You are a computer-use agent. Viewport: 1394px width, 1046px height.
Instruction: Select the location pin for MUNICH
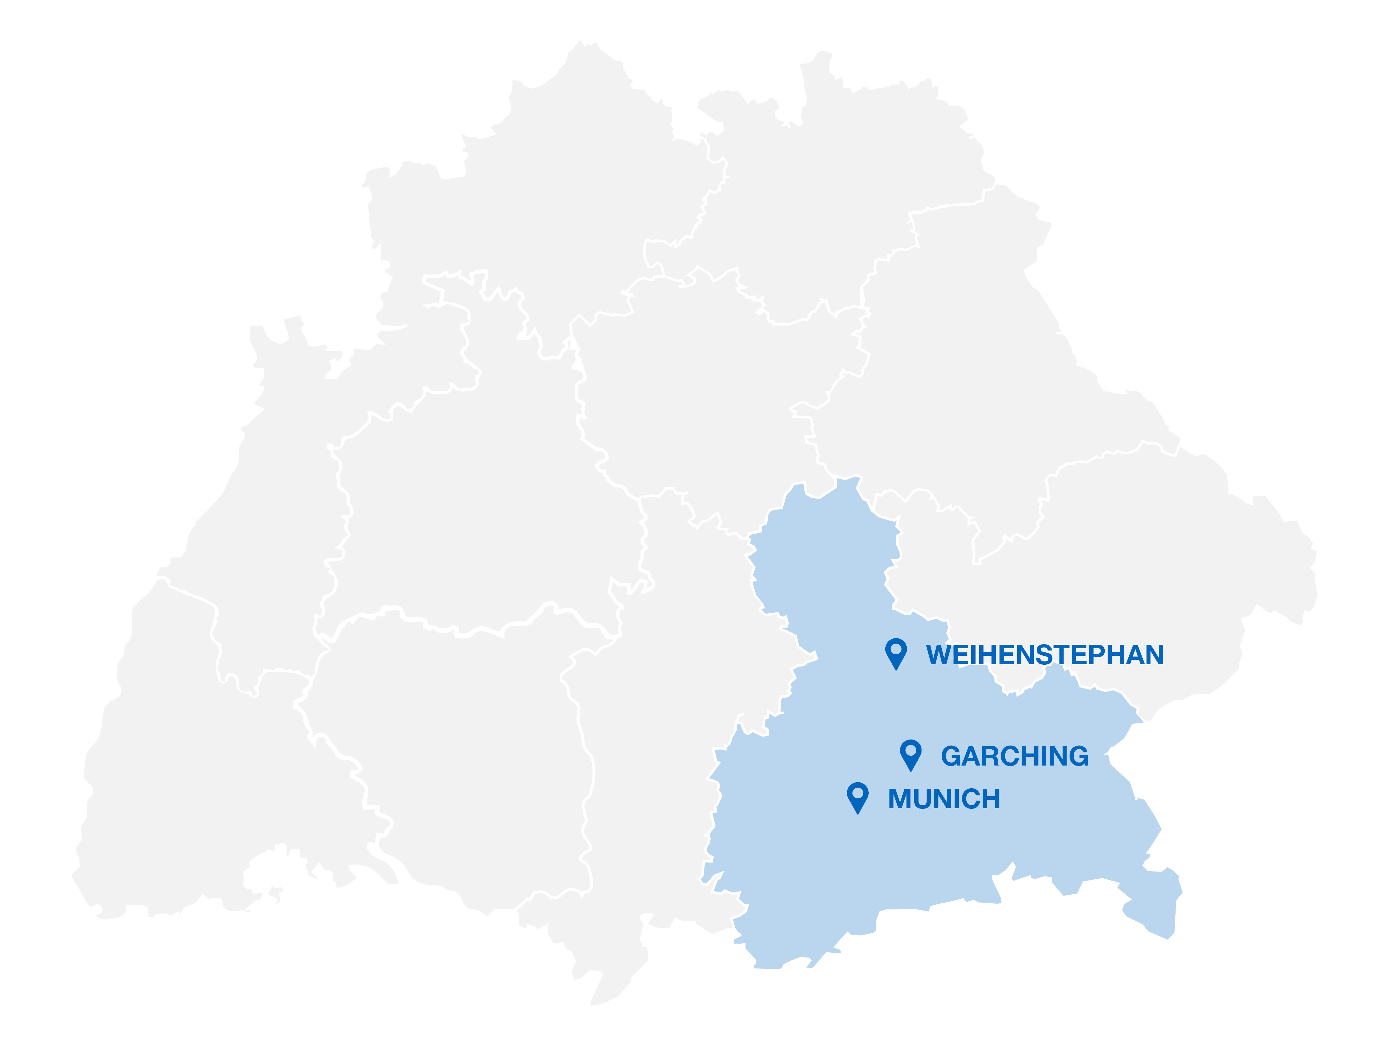(x=858, y=796)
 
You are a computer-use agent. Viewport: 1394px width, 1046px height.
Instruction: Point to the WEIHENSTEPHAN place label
(x=1044, y=655)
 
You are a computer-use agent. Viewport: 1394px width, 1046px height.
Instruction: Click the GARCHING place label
(x=1015, y=756)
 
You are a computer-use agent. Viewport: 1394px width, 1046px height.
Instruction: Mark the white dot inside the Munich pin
(x=858, y=793)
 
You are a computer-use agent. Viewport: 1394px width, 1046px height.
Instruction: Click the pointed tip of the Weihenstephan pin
(x=895, y=669)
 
